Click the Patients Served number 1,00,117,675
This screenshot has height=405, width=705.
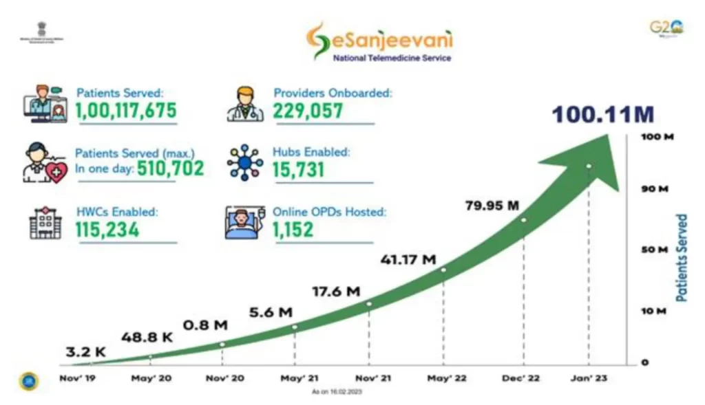(126, 111)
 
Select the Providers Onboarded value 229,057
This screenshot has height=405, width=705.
(308, 111)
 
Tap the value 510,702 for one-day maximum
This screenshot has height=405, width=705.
(170, 168)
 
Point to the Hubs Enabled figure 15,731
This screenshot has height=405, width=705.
(299, 170)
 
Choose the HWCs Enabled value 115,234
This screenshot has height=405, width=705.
(107, 230)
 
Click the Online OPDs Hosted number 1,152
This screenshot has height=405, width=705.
(293, 230)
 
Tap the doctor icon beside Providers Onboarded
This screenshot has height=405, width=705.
(245, 104)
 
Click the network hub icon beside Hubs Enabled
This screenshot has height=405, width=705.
(245, 162)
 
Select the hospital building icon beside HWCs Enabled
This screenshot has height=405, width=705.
(45, 222)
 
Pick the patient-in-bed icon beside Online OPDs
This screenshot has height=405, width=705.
(245, 222)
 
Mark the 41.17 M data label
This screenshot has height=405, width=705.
(408, 260)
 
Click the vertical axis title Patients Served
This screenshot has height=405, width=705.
(682, 258)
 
